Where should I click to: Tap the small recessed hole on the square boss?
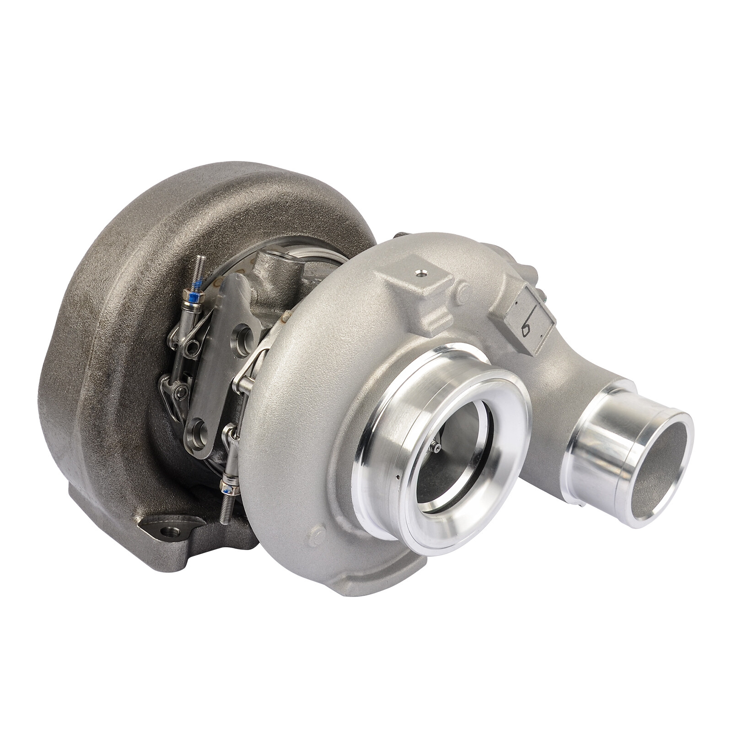click(x=420, y=275)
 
